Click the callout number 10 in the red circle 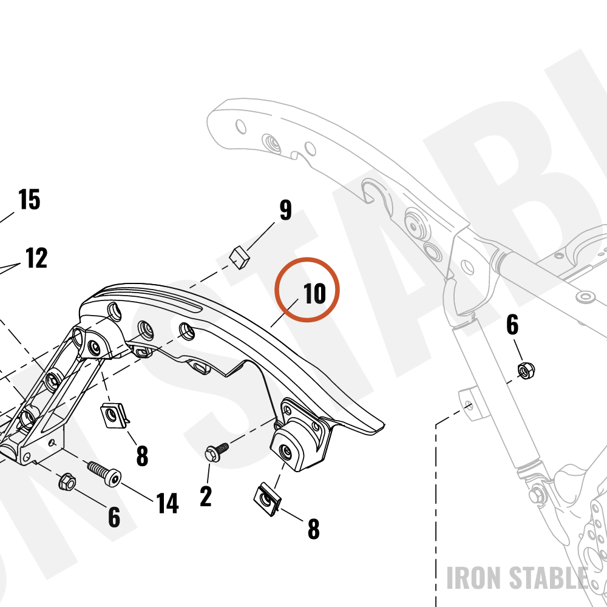pyautogui.click(x=314, y=293)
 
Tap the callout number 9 pyautogui.click(x=286, y=210)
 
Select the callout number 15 pyautogui.click(x=29, y=199)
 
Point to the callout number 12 pyautogui.click(x=36, y=258)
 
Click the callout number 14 pyautogui.click(x=168, y=503)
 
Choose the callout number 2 pyautogui.click(x=206, y=497)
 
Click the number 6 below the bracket pyautogui.click(x=114, y=517)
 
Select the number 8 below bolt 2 pyautogui.click(x=314, y=529)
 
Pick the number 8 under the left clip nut pyautogui.click(x=142, y=456)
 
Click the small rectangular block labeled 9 pyautogui.click(x=240, y=257)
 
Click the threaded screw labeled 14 pyautogui.click(x=104, y=473)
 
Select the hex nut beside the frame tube pyautogui.click(x=526, y=370)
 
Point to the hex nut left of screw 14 pyautogui.click(x=67, y=481)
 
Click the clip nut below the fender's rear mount pyautogui.click(x=268, y=499)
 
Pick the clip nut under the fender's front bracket pyautogui.click(x=115, y=416)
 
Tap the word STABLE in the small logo pyautogui.click(x=548, y=578)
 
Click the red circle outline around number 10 pyautogui.click(x=307, y=258)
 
